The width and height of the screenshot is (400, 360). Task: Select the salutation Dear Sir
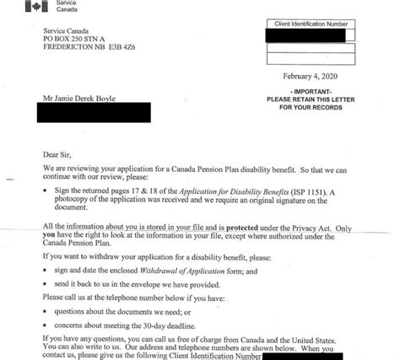coord(58,154)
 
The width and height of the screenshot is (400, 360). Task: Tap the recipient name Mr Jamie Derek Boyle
coord(86,99)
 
